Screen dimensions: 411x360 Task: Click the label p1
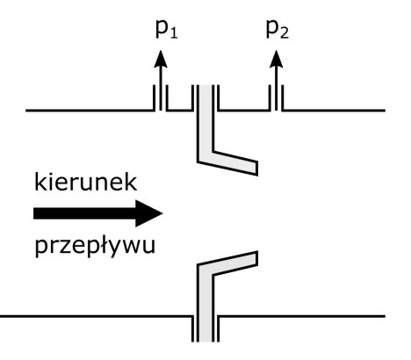point(166,29)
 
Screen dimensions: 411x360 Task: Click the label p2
point(278,29)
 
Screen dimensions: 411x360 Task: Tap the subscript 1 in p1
point(173,33)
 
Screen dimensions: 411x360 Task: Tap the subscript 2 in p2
point(284,33)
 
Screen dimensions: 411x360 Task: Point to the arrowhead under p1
point(161,59)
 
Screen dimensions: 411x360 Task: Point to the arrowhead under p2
point(276,59)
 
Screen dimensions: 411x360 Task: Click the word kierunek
point(85,182)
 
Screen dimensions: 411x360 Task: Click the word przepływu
point(95,246)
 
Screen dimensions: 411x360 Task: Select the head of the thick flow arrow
point(148,213)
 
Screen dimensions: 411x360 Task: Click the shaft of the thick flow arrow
point(84,213)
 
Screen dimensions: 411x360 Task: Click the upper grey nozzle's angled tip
point(257,168)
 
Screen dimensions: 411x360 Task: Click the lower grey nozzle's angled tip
point(257,258)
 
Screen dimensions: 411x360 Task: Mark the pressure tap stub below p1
point(161,97)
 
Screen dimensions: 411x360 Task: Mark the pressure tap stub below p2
point(276,97)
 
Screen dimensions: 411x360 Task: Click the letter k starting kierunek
point(40,182)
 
